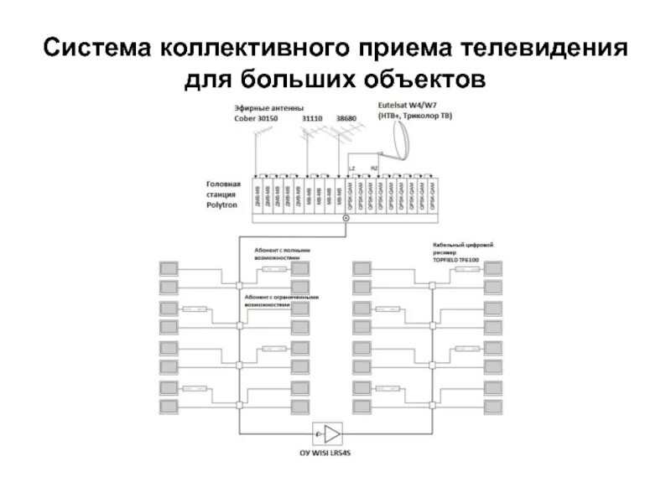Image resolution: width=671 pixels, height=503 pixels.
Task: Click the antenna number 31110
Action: [x=313, y=119]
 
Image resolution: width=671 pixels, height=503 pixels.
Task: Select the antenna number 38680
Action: [x=346, y=119]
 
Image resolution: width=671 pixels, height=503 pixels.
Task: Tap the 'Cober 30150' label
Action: [x=256, y=119]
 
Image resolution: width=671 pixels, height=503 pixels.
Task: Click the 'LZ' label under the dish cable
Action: [x=351, y=169]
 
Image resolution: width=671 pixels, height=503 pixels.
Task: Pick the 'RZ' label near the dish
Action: [x=374, y=169]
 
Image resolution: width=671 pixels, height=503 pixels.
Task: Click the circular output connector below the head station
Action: [x=346, y=220]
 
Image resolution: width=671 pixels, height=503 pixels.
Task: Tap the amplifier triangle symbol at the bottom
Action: [x=333, y=433]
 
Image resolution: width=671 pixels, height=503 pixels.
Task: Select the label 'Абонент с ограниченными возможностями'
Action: [x=282, y=301]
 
